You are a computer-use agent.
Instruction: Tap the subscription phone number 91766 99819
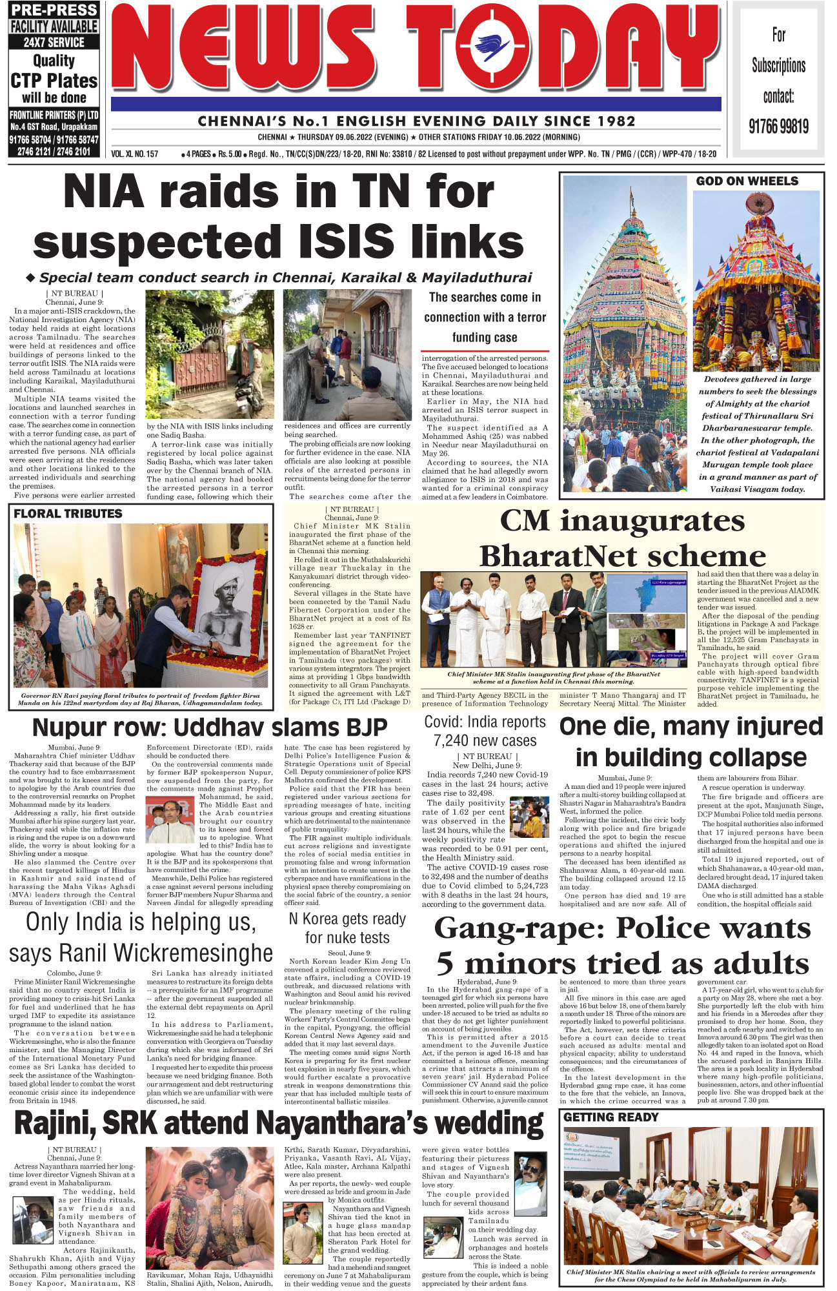click(x=778, y=126)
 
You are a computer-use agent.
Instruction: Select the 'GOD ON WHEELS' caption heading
click(x=747, y=181)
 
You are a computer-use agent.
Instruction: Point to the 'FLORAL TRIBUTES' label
click(x=68, y=514)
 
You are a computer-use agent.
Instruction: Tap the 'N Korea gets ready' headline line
click(x=347, y=919)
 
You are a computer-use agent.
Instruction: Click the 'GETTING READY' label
click(x=610, y=1117)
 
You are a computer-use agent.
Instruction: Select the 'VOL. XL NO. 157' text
click(x=134, y=154)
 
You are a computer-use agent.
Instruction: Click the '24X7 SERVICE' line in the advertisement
click(x=54, y=43)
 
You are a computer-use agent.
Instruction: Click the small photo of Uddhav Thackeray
click(x=170, y=820)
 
